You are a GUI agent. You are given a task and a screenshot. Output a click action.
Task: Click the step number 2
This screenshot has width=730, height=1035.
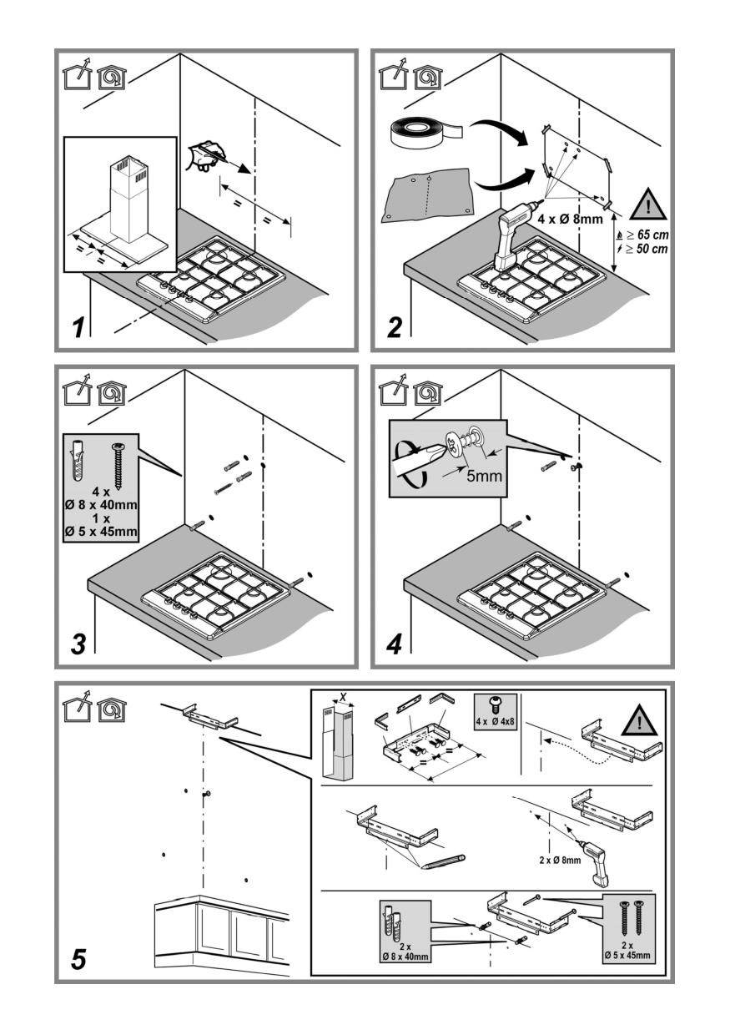(x=394, y=326)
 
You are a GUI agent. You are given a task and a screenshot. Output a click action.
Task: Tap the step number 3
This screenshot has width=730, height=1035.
(x=78, y=644)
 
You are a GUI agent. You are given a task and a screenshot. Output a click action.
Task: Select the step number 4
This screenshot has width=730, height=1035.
(x=394, y=644)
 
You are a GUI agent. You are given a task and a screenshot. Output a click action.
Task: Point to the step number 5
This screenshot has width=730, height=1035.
(x=78, y=959)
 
